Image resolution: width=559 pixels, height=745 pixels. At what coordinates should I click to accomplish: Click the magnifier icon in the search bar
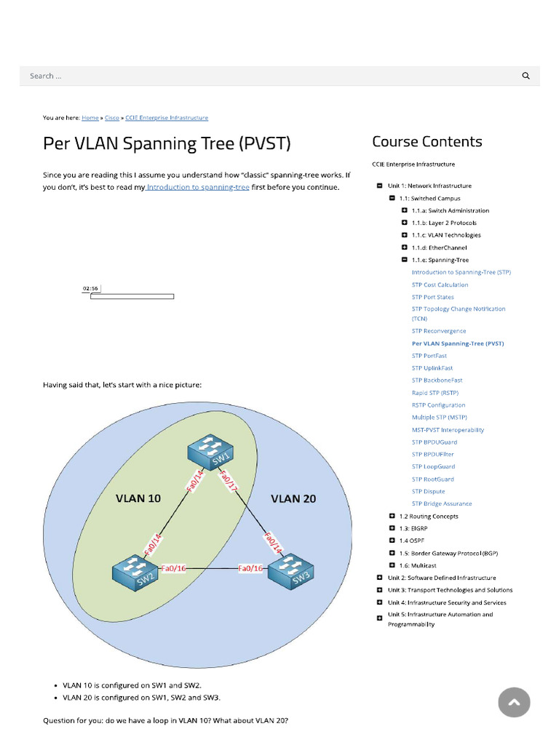pyautogui.click(x=526, y=76)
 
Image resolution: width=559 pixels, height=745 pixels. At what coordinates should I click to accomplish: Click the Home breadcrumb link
pyautogui.click(x=90, y=118)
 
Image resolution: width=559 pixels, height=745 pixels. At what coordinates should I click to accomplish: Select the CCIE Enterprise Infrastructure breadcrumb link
pyautogui.click(x=167, y=118)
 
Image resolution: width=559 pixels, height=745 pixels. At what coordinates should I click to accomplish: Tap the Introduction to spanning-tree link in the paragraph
pyautogui.click(x=198, y=188)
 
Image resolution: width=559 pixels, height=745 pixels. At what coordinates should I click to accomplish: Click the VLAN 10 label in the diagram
pyautogui.click(x=138, y=499)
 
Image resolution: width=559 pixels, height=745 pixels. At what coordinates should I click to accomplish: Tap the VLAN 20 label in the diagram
pyautogui.click(x=293, y=499)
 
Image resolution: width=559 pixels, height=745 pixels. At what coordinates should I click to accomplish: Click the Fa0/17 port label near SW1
pyautogui.click(x=229, y=482)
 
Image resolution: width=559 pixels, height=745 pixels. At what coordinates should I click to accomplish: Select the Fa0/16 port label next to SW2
pyautogui.click(x=173, y=569)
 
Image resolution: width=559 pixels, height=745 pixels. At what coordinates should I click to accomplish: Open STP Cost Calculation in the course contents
pyautogui.click(x=440, y=285)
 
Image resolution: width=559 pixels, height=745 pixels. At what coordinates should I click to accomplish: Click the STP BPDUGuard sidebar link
pyautogui.click(x=435, y=442)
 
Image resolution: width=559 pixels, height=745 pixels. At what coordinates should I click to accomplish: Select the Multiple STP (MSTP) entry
pyautogui.click(x=439, y=418)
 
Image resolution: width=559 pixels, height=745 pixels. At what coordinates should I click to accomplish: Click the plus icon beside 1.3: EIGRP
pyautogui.click(x=392, y=529)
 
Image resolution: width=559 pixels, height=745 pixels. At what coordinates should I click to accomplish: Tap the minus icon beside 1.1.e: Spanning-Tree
pyautogui.click(x=405, y=260)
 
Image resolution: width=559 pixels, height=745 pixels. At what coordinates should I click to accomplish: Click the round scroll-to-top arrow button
pyautogui.click(x=514, y=702)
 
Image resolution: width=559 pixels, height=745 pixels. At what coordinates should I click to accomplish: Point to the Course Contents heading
pyautogui.click(x=427, y=142)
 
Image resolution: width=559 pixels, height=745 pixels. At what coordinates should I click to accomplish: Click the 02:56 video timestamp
pyautogui.click(x=90, y=289)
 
